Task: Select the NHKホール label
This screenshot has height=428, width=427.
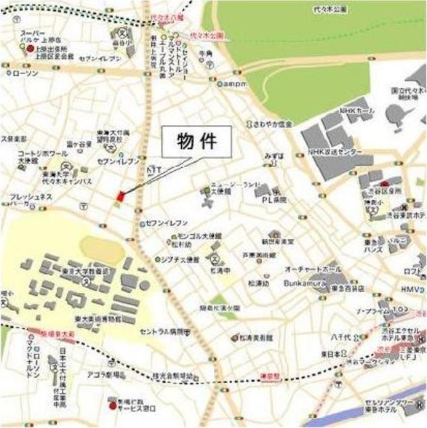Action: click(x=355, y=111)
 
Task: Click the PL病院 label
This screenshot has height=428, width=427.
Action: click(x=276, y=198)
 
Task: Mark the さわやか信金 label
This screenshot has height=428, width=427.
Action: click(x=273, y=124)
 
